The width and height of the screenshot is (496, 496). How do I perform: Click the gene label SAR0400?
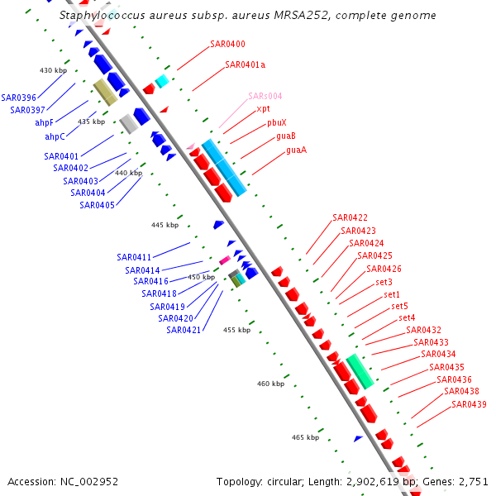(227, 44)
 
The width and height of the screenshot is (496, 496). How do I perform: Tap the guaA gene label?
(296, 150)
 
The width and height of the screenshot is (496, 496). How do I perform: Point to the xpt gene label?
(263, 108)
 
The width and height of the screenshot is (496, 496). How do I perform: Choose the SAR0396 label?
(18, 98)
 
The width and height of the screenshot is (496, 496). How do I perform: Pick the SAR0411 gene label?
(134, 257)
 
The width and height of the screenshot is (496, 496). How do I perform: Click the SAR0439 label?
(469, 404)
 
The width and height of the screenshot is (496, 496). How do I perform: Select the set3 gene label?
(384, 282)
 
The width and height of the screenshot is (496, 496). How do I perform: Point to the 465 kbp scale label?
(306, 436)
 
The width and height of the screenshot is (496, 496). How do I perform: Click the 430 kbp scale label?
(53, 70)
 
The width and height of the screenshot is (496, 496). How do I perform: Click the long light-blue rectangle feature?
(224, 168)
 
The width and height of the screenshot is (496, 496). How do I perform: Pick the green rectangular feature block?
(360, 371)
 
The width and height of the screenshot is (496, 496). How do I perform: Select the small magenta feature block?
(224, 260)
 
